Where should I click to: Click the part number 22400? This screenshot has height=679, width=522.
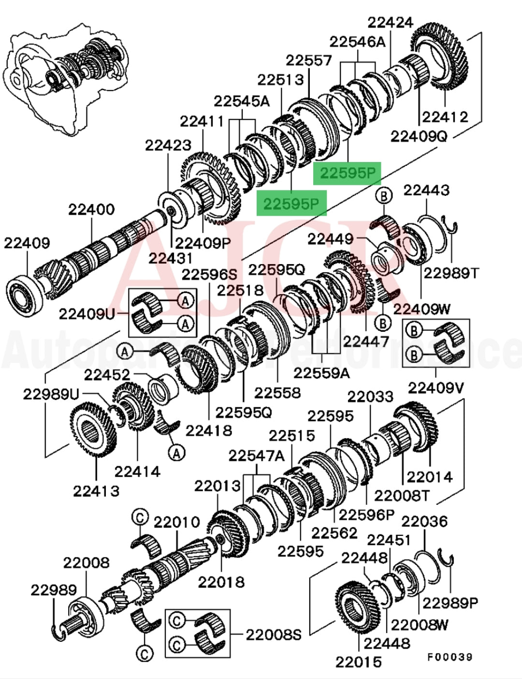click(x=91, y=210)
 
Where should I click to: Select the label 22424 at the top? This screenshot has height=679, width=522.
click(x=390, y=22)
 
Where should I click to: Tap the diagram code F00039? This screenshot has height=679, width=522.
click(x=449, y=657)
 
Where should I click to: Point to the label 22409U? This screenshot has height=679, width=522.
click(x=87, y=314)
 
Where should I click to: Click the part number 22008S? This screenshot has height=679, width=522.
click(x=274, y=634)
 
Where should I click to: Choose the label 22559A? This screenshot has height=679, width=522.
click(x=322, y=373)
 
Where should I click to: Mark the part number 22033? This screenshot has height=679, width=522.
click(x=370, y=397)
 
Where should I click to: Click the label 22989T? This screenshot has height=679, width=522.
click(x=451, y=273)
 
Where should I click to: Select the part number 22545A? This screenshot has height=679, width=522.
click(x=242, y=101)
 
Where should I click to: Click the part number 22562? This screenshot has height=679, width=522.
click(x=334, y=533)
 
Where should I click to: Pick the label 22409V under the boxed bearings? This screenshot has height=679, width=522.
click(x=436, y=387)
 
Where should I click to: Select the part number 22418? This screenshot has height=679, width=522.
click(x=209, y=430)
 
